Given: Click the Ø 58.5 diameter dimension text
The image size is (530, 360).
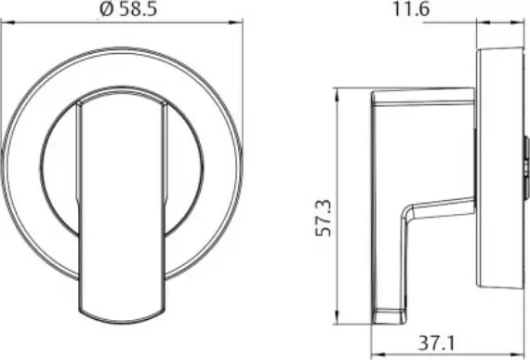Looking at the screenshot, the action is pyautogui.click(x=129, y=8).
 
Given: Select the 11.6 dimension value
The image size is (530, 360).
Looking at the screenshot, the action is pyautogui.click(x=411, y=9).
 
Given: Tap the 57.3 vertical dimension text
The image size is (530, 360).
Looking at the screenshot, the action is pyautogui.click(x=324, y=218).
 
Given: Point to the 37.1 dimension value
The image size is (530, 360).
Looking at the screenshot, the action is pyautogui.click(x=437, y=343).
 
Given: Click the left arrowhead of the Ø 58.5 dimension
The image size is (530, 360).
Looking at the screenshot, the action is pyautogui.click(x=7, y=22).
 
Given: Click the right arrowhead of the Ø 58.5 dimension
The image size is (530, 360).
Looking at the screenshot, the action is pyautogui.click(x=236, y=22).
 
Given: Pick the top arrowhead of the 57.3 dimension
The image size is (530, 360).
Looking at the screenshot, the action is pyautogui.click(x=337, y=95).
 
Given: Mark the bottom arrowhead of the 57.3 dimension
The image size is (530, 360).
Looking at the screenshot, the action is pyautogui.click(x=337, y=317).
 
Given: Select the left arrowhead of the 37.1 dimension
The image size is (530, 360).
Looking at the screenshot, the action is pyautogui.click(x=378, y=354).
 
